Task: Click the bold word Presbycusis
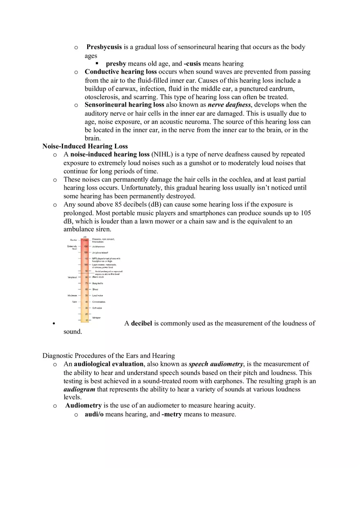point(104,47)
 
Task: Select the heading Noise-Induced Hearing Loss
point(85,146)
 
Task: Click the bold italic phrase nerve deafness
point(229,105)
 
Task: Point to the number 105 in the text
point(306,213)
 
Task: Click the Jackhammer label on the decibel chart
point(98,247)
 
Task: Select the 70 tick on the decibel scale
point(86,283)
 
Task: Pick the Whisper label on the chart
point(97,318)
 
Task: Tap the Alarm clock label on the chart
point(98,277)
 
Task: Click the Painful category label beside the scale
point(74,240)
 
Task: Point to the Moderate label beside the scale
point(72,295)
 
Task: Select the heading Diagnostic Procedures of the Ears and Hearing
point(108,356)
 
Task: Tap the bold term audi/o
point(94,414)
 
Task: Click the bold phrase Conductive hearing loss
point(121,72)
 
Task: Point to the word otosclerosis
point(102,97)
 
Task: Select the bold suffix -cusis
point(192,64)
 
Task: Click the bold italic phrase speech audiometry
point(216,364)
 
